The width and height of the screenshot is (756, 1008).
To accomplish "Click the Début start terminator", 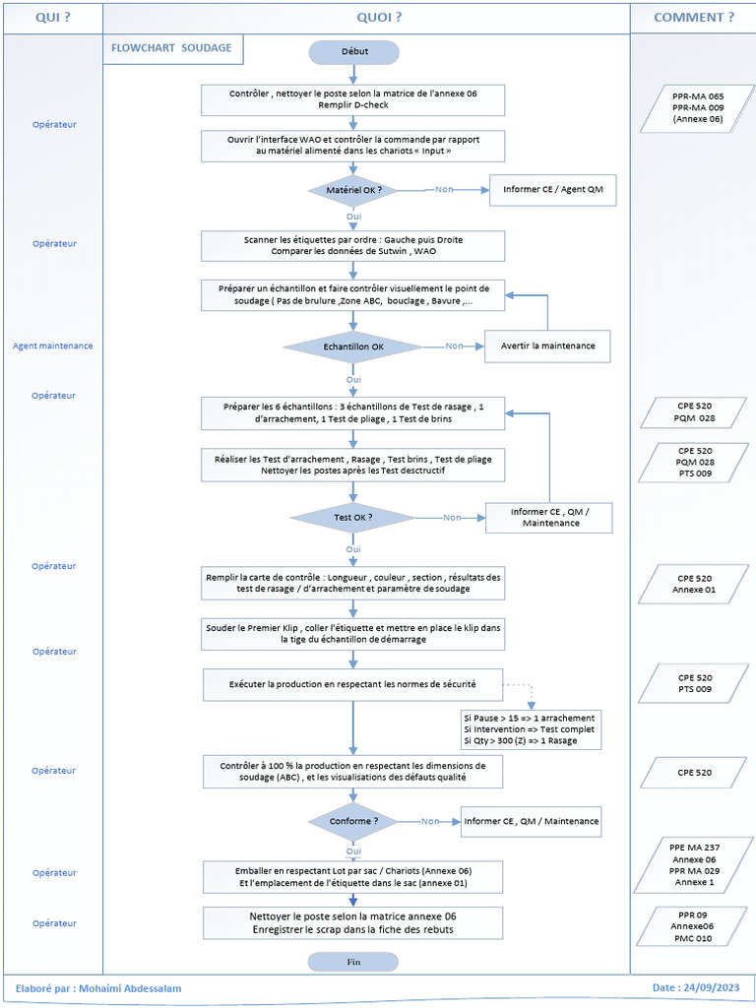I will pyautogui.click(x=352, y=51).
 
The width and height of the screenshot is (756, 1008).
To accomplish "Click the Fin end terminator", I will pyautogui.click(x=352, y=962).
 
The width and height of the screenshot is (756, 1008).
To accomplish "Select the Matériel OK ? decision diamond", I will pyautogui.click(x=352, y=189).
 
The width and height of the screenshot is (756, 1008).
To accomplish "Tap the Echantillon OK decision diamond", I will pyautogui.click(x=352, y=346).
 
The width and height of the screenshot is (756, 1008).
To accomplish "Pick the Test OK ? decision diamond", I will pyautogui.click(x=352, y=517).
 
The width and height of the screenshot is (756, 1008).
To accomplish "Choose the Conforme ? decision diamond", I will pyautogui.click(x=352, y=820).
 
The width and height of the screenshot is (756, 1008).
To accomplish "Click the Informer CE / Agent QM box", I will pyautogui.click(x=552, y=189).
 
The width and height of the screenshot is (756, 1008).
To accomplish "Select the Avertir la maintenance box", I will pyautogui.click(x=546, y=346).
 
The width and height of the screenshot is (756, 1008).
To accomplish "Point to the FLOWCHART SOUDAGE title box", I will pyautogui.click(x=172, y=49).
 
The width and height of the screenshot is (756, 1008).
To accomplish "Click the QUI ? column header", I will pyautogui.click(x=53, y=17).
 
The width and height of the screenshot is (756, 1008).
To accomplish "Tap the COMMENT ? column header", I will pyautogui.click(x=693, y=17).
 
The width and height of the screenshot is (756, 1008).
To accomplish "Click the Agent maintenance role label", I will pyautogui.click(x=53, y=346).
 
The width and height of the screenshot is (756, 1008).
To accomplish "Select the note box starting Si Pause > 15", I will pyautogui.click(x=529, y=728).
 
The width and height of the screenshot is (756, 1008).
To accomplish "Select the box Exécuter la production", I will pyautogui.click(x=352, y=682).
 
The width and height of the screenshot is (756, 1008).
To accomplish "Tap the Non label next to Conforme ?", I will pyautogui.click(x=430, y=820).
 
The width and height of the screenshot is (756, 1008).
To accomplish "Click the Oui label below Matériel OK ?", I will pyautogui.click(x=352, y=215).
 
